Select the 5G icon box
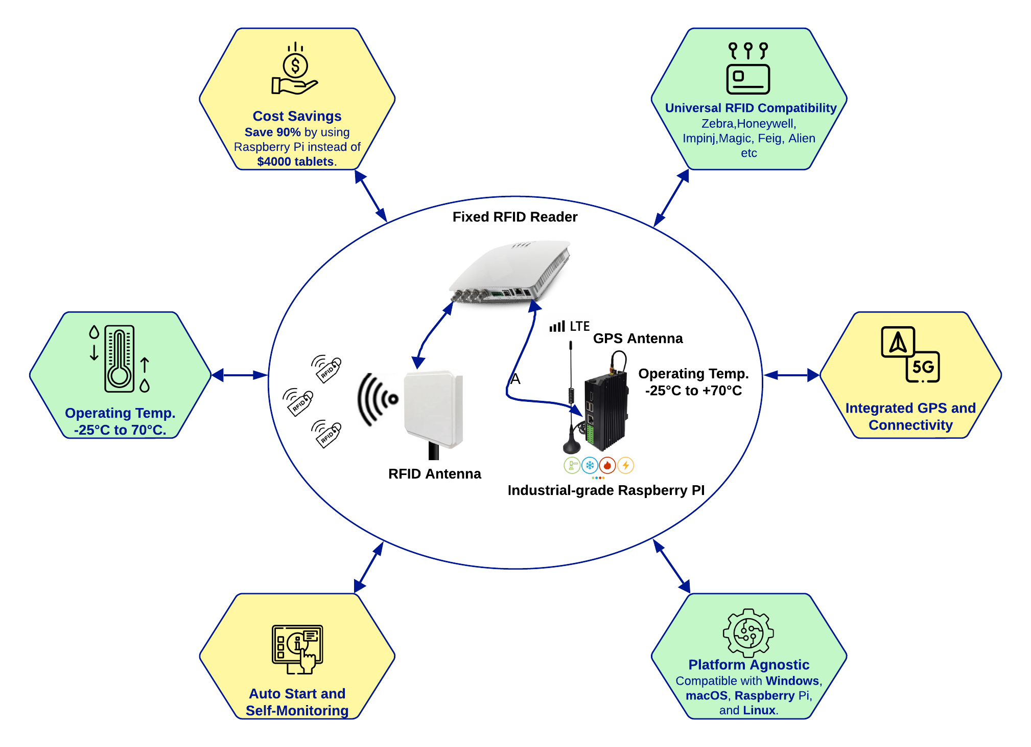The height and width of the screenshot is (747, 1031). (923, 367)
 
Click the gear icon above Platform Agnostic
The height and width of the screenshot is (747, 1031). (748, 632)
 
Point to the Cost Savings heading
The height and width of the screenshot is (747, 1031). (297, 116)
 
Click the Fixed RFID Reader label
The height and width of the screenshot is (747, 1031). (514, 217)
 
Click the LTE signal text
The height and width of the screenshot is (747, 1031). (579, 326)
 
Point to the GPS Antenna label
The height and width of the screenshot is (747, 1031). (638, 338)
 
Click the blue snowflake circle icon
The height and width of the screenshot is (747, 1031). (590, 465)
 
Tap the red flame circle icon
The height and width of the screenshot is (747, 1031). (607, 465)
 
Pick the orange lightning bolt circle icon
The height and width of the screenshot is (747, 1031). (626, 465)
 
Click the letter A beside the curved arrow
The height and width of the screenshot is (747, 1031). (515, 379)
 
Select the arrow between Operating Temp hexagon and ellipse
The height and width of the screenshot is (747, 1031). (239, 375)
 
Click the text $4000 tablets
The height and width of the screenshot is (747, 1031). (295, 162)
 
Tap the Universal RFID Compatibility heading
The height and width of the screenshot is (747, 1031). (751, 108)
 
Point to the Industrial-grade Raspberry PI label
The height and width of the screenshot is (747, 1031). (606, 490)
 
